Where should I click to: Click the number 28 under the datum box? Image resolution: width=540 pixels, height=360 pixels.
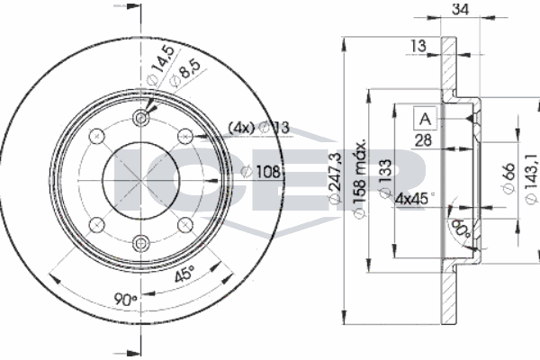tap(424, 139)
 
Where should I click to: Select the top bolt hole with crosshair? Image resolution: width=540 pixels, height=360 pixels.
tap(141, 120)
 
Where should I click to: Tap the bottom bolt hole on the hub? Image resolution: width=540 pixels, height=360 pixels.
tap(141, 241)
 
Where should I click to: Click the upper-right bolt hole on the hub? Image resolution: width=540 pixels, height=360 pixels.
tap(184, 137)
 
